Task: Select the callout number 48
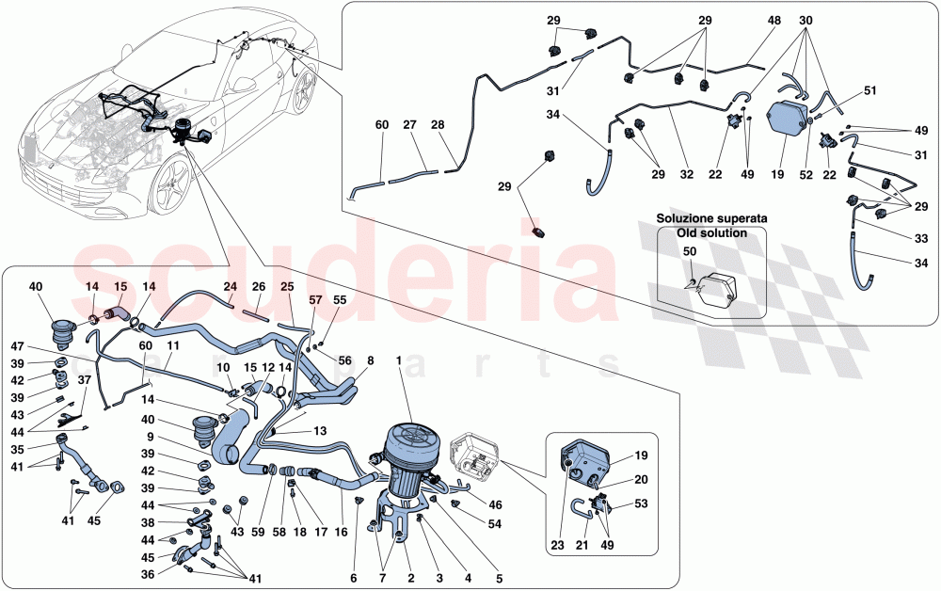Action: [x=774, y=20]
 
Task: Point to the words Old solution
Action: [x=711, y=232]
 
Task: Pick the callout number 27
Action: [x=408, y=123]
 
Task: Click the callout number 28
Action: [x=439, y=123]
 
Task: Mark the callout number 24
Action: [x=230, y=287]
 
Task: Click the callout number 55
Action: [x=341, y=299]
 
